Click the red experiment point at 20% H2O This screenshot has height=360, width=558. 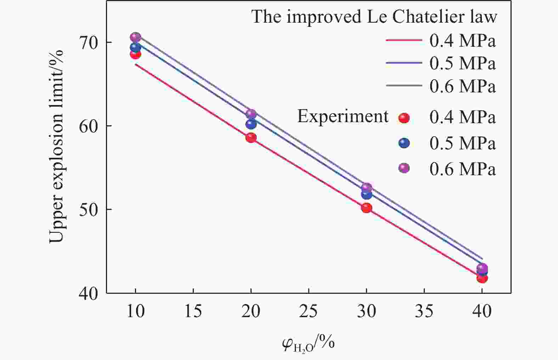pos(251,138)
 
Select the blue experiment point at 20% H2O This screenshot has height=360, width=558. pos(251,124)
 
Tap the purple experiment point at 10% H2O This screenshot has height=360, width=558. pos(135,37)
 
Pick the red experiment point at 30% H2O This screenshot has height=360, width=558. pos(366,208)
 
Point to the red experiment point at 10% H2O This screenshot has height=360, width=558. pos(135,54)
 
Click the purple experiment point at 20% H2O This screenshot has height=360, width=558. pos(251,114)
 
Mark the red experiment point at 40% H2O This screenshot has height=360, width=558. pos(482,278)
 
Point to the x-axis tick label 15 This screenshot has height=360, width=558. pos(193,312)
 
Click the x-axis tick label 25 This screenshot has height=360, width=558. pos(309,312)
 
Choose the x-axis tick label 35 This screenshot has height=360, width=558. pos(424,312)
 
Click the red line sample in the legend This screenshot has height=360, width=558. pos(404,40)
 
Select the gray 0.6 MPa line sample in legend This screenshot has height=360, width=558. pos(404,86)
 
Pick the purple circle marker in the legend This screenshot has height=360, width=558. pos(404,168)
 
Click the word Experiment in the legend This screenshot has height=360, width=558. pos(343,116)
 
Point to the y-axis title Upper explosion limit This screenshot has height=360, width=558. pos(56,146)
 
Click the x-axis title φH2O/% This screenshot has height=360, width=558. pos(309,344)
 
